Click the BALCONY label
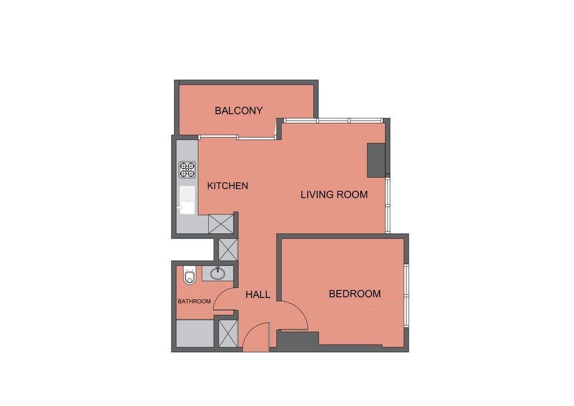(x=239, y=111)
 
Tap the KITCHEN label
(x=228, y=186)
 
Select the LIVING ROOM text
(x=334, y=195)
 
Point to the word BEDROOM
(x=355, y=293)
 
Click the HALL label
(x=258, y=294)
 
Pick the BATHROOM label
(x=194, y=301)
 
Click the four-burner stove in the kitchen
(x=187, y=170)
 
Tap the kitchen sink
(x=187, y=200)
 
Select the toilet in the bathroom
(x=189, y=275)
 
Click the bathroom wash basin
(x=218, y=273)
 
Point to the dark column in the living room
(x=376, y=160)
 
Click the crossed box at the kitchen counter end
(x=221, y=224)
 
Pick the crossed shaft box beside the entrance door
(x=228, y=333)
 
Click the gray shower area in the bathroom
(x=195, y=333)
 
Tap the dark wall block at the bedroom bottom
(x=297, y=338)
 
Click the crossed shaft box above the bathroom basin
(x=228, y=249)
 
